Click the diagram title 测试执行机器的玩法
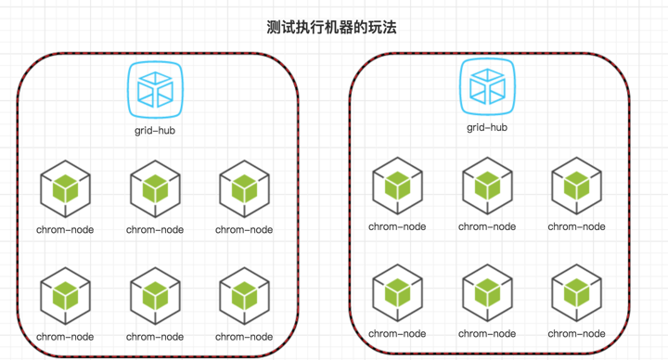(x=331, y=27)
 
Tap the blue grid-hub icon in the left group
(x=156, y=90)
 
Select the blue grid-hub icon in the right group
(x=487, y=87)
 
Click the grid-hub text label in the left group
(x=155, y=131)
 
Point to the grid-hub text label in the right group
(x=487, y=127)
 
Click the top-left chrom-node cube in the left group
(x=66, y=188)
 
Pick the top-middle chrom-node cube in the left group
(x=156, y=188)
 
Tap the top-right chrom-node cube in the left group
(x=245, y=188)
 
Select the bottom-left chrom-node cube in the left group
(x=66, y=296)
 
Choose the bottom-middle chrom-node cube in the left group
(x=156, y=296)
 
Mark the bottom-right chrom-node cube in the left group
(x=245, y=296)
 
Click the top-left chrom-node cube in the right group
(x=397, y=186)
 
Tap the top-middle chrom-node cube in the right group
(x=487, y=186)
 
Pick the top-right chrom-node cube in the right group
(x=577, y=186)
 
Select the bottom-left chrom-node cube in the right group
(x=397, y=292)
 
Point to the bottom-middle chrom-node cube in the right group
(x=487, y=292)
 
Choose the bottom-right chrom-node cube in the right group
(x=577, y=292)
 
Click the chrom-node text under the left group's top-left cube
(x=65, y=229)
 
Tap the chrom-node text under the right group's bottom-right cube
(x=576, y=334)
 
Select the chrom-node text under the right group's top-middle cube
(x=487, y=226)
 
